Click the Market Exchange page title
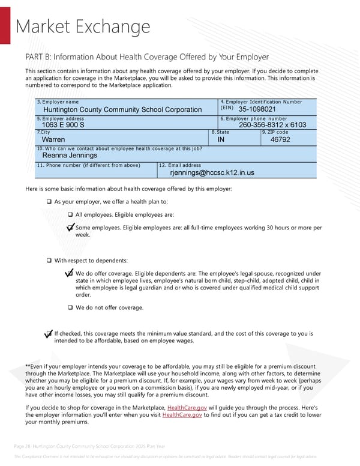[82, 27]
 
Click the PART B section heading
[147, 57]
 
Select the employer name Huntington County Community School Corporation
[122, 110]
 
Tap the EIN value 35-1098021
[257, 109]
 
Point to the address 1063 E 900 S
[63, 125]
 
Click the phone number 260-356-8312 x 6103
[272, 125]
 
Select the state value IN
[221, 140]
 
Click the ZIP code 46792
[280, 140]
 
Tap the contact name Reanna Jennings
[70, 156]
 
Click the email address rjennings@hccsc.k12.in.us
[212, 173]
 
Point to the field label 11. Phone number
[88, 165]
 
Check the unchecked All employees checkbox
[70, 215]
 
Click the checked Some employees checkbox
[70, 228]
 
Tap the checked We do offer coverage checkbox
[70, 274]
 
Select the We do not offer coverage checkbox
[70, 308]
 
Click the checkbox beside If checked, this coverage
[49, 334]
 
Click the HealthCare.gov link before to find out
[182, 414]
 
